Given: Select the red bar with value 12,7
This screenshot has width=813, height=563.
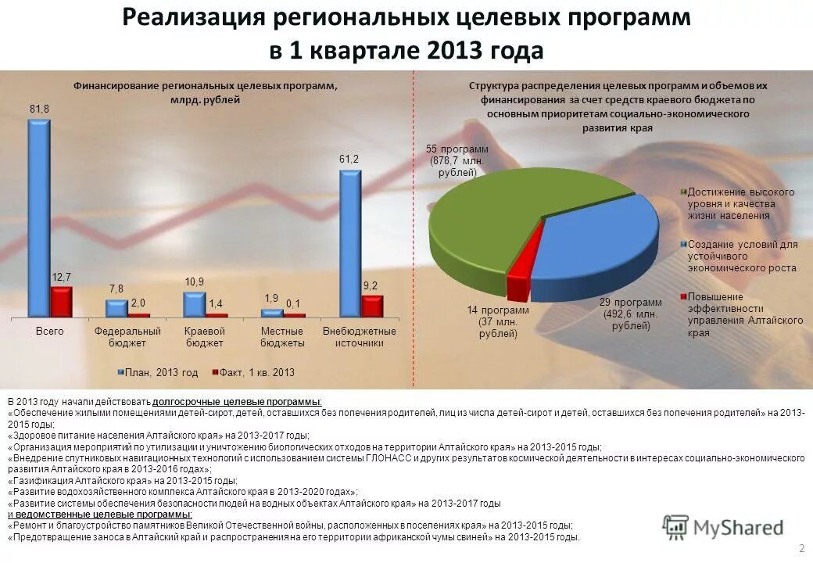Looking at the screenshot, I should [x=61, y=302].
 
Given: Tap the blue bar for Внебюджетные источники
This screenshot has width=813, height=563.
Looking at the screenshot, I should [x=350, y=243].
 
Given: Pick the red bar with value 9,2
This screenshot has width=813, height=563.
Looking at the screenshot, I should [x=373, y=306].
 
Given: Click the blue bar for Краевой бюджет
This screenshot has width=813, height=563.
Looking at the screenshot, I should [x=194, y=304].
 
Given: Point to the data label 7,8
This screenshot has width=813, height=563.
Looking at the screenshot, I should [x=116, y=289].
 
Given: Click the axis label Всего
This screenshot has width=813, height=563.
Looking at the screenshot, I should [x=50, y=332].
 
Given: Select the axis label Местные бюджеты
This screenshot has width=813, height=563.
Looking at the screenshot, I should [x=282, y=337].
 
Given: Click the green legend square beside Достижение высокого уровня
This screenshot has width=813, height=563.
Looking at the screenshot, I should [x=684, y=191].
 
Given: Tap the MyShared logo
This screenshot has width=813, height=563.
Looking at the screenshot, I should [x=722, y=528].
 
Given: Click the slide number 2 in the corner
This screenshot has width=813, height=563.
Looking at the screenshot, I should [x=801, y=546].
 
